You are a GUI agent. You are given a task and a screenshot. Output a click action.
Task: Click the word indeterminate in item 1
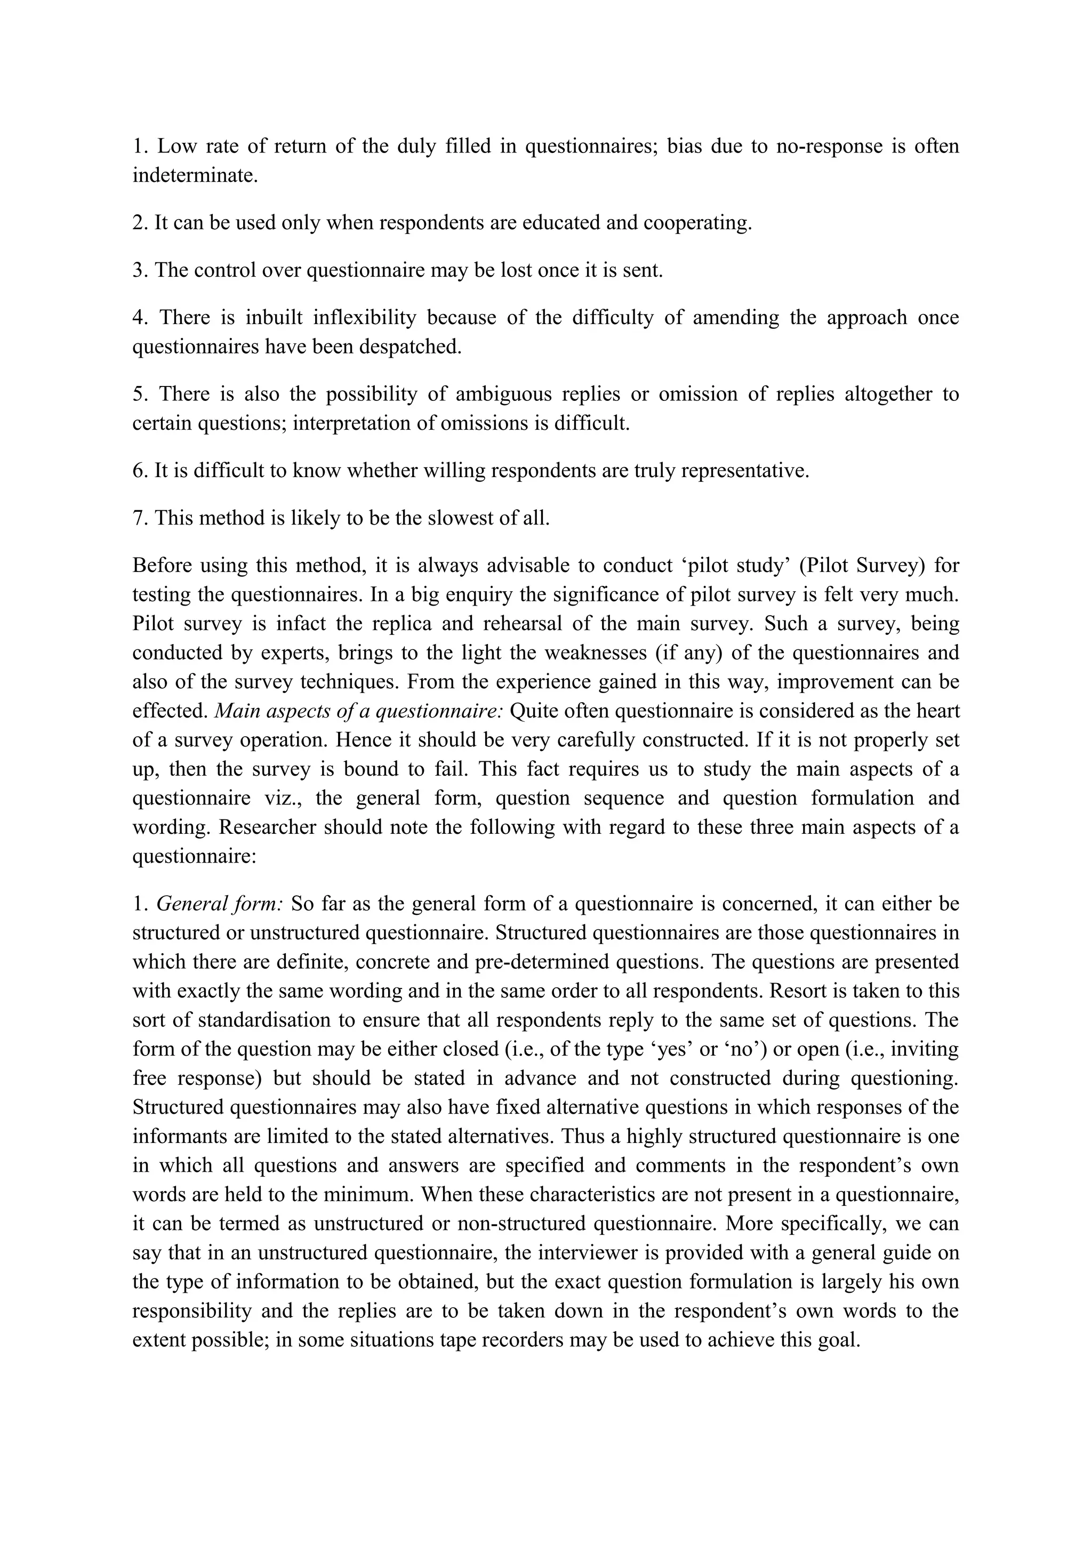click(195, 175)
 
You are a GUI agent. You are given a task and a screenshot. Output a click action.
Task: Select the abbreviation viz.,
click(279, 798)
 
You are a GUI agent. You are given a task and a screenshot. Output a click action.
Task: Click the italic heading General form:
click(219, 904)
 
